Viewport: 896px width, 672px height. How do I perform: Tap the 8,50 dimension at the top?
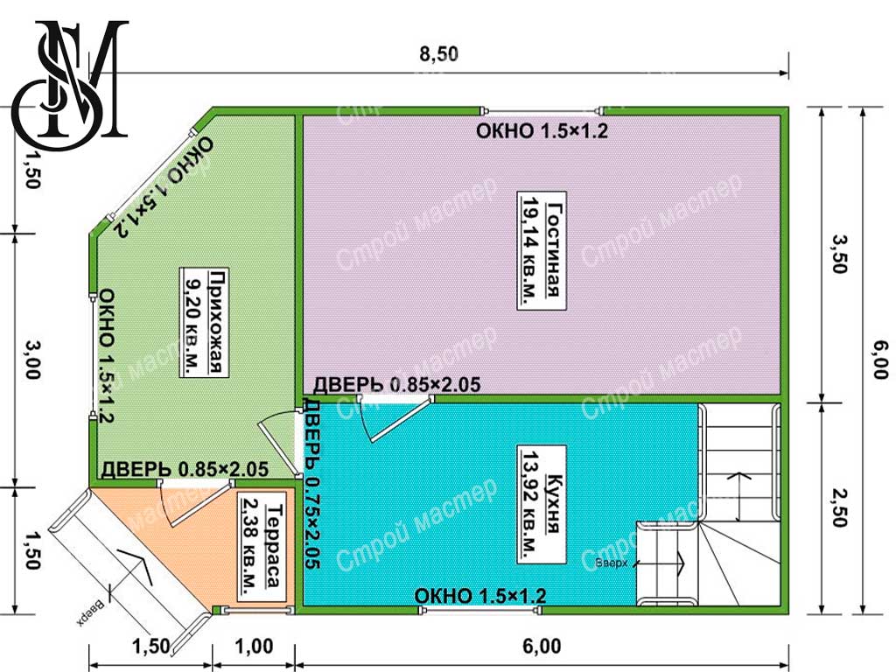coord(439,53)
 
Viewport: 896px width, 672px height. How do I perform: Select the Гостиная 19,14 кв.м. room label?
coord(541,250)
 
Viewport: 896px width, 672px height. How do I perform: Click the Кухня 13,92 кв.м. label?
coord(541,505)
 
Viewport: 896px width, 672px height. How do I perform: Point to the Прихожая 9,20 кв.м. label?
coord(204,322)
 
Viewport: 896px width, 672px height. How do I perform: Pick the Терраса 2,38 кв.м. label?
coord(262,546)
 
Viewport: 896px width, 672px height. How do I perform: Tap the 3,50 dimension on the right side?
coord(838,255)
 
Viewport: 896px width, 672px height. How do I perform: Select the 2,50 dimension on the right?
coord(838,507)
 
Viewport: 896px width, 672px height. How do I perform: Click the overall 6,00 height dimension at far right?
coord(880,359)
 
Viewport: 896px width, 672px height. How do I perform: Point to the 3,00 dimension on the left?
coord(32,359)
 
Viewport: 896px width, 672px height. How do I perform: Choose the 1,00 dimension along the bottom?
coord(254,647)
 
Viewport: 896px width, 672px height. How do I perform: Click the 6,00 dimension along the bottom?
coord(541,647)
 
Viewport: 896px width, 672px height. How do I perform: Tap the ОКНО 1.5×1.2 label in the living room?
coord(542,131)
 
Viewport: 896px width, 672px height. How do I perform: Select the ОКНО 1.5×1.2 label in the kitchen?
coord(480,596)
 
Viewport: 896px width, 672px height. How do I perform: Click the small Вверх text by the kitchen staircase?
coord(611,563)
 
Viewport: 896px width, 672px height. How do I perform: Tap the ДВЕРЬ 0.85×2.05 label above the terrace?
coord(185,469)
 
